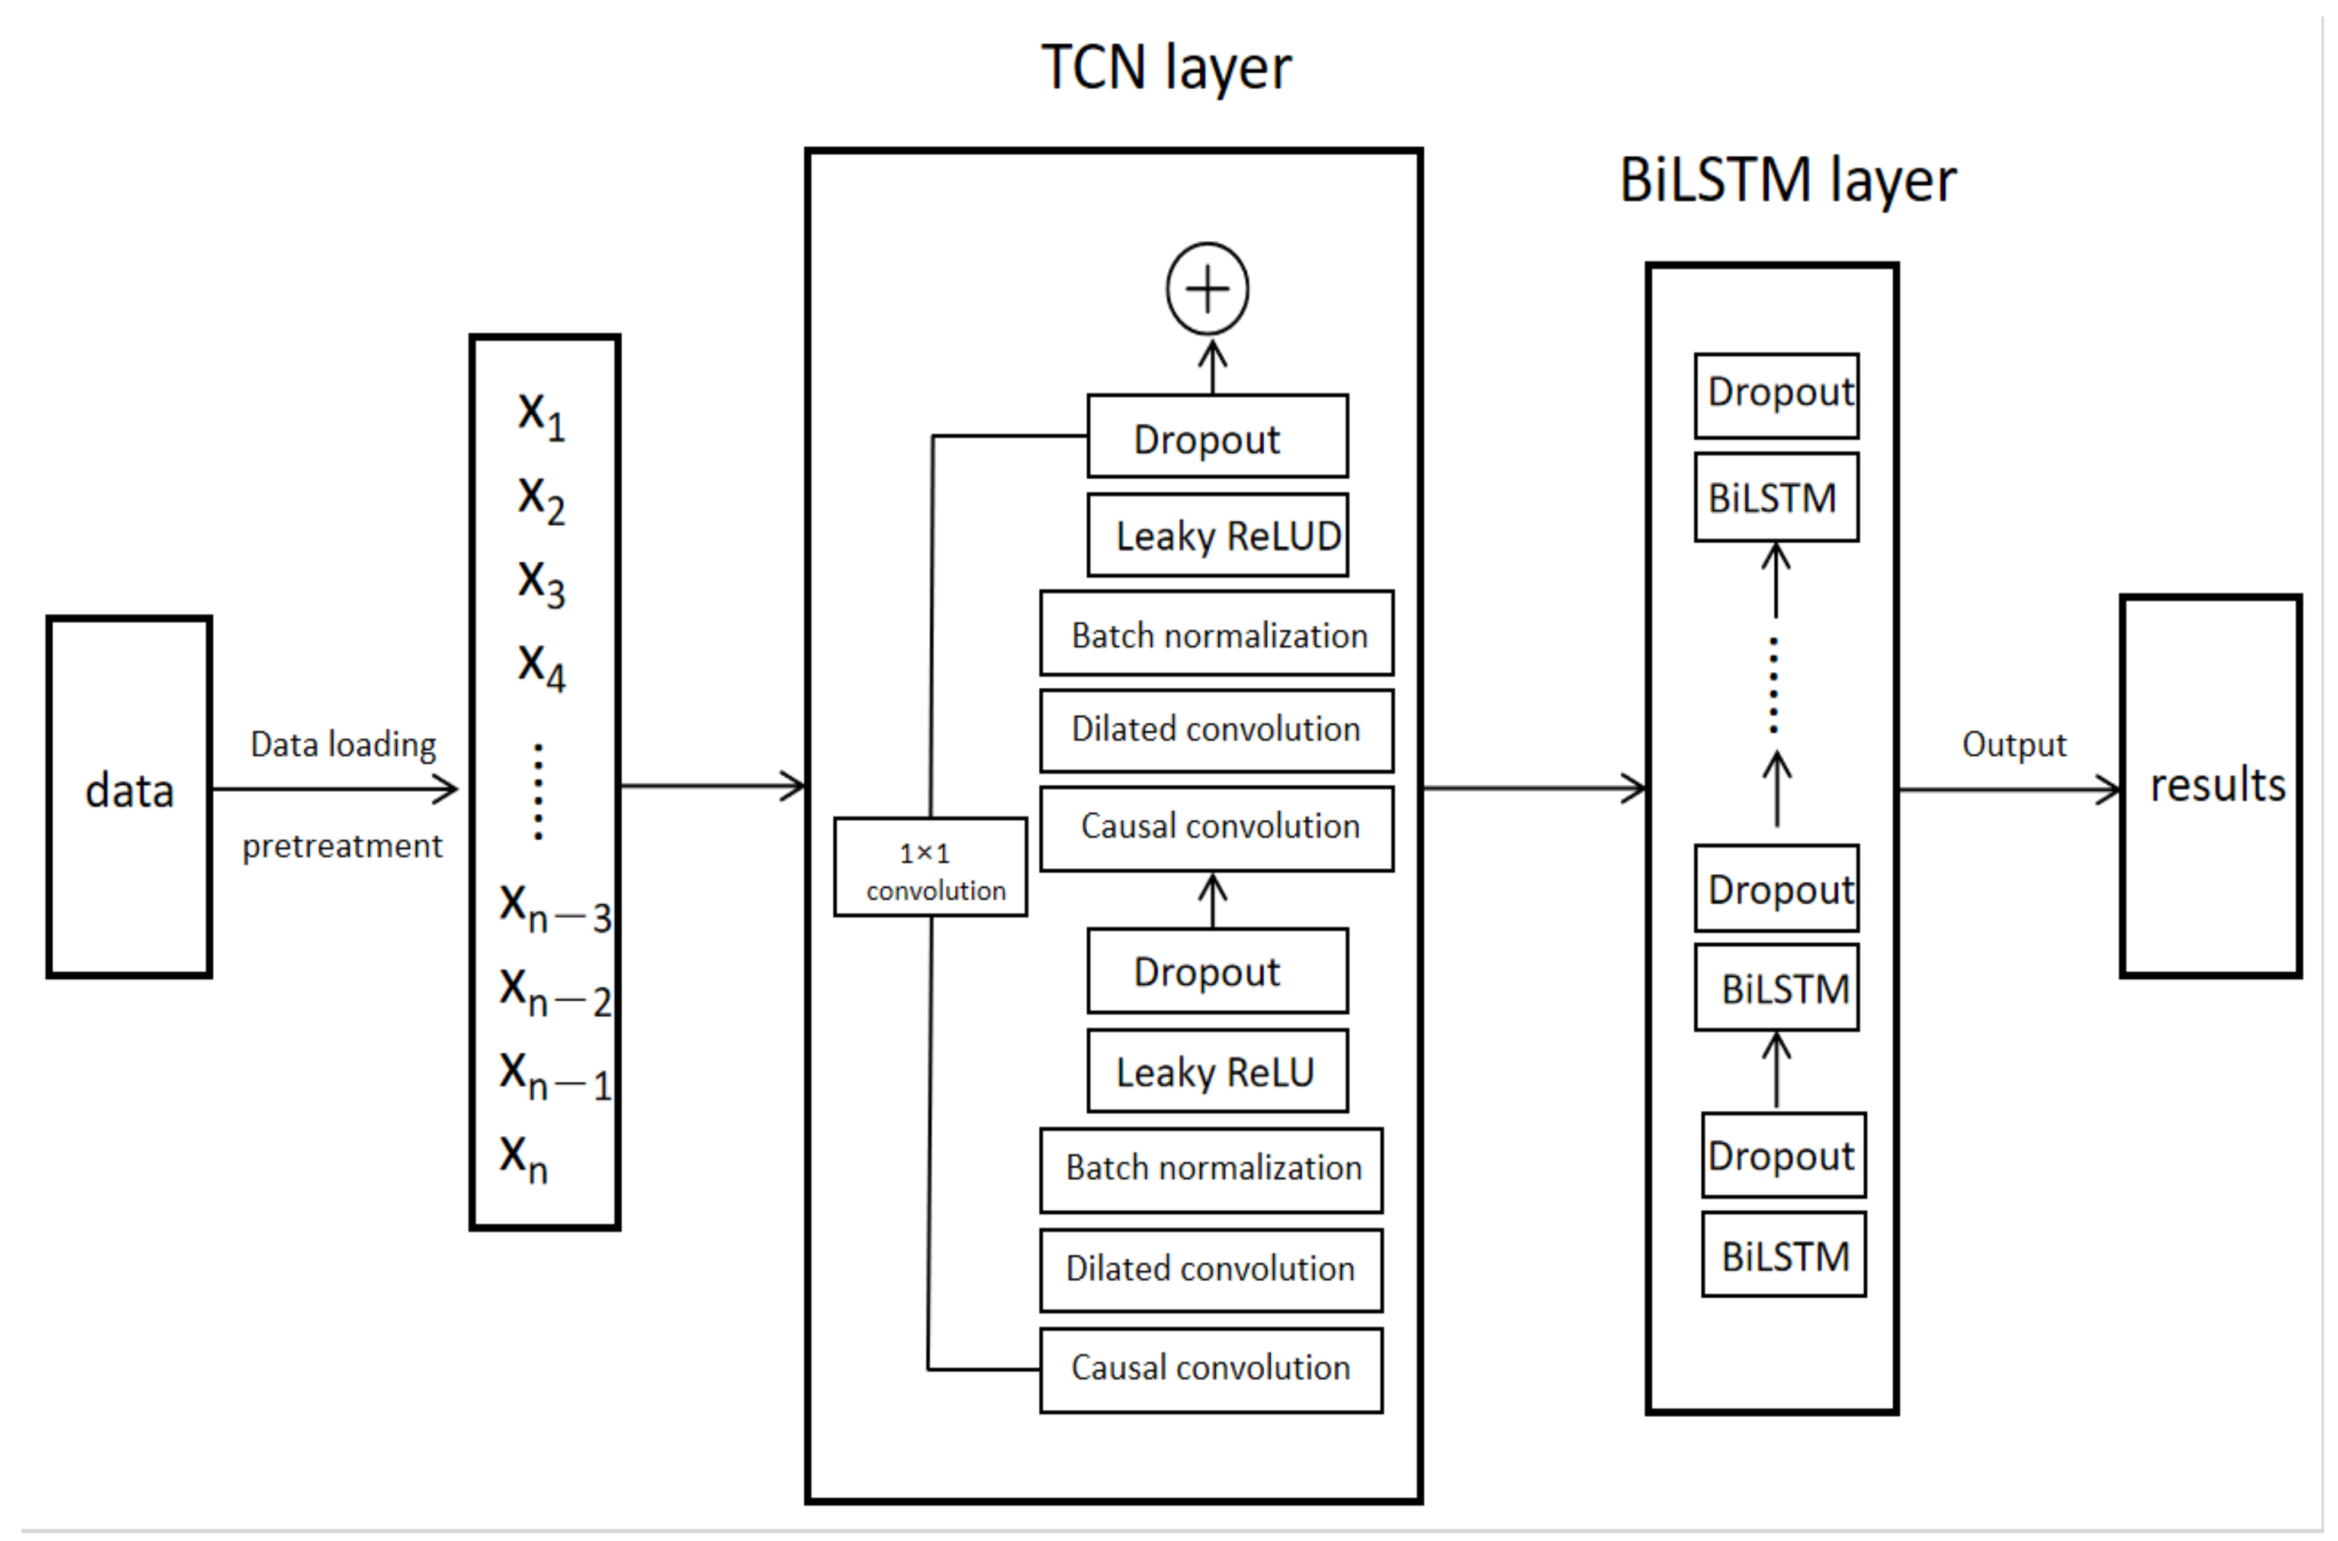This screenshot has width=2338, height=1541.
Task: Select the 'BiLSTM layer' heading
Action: pyautogui.click(x=1787, y=182)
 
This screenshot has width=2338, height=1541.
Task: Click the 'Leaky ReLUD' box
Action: pyautogui.click(x=1217, y=536)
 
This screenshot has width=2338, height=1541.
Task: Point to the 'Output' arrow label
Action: pyautogui.click(x=2013, y=745)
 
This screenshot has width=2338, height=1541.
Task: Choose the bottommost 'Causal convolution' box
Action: pyautogui.click(x=1210, y=1369)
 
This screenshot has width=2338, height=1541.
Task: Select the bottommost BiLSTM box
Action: pyautogui.click(x=1784, y=1256)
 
